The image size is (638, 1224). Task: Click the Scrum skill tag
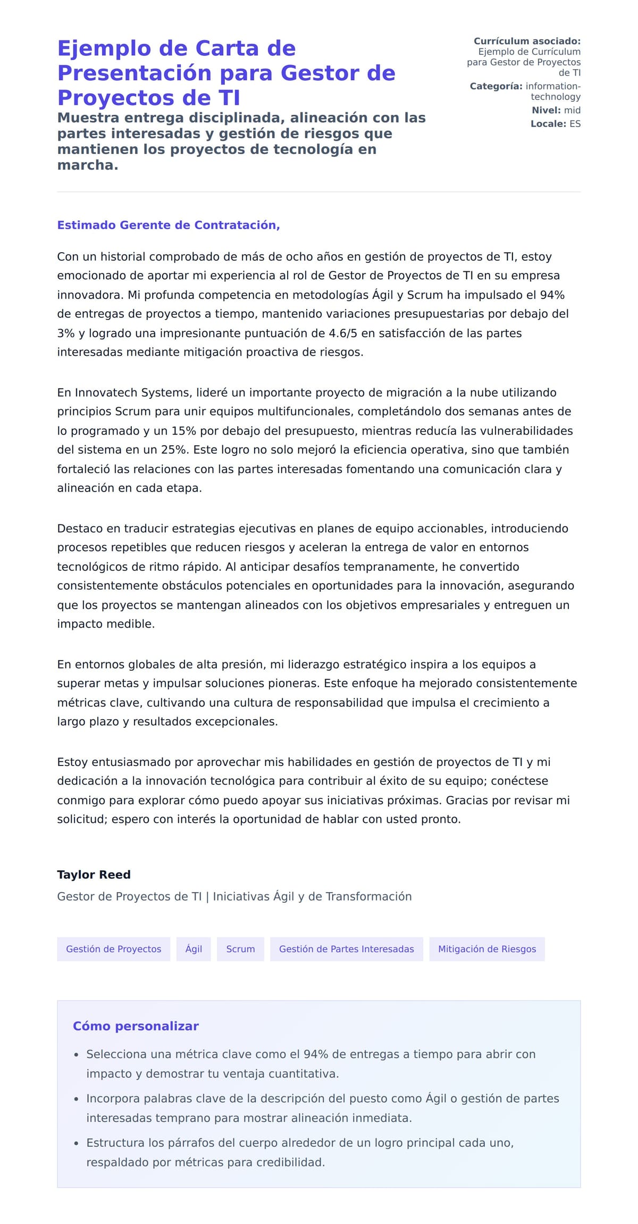(x=240, y=948)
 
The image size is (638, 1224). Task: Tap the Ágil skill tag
(x=194, y=948)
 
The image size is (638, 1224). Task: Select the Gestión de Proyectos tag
(x=113, y=948)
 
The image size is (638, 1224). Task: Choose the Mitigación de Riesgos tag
(x=486, y=948)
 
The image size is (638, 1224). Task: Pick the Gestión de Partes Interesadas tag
(x=346, y=948)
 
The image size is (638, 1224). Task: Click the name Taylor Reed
(x=94, y=875)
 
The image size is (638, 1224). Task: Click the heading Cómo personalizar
(x=136, y=1026)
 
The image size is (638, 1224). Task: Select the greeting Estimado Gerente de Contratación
(x=168, y=225)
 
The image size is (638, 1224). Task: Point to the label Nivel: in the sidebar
(x=546, y=110)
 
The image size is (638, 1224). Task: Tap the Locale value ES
(x=575, y=123)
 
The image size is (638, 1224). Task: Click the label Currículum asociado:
(x=527, y=41)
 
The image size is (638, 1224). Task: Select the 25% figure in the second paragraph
(x=173, y=449)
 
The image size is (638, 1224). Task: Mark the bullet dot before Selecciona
(x=77, y=1055)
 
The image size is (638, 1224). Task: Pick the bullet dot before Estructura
(x=77, y=1143)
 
